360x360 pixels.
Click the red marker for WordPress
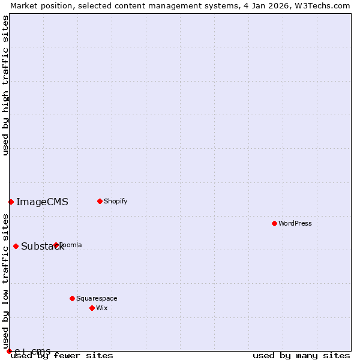[x=274, y=223]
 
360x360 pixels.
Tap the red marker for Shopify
[x=100, y=201]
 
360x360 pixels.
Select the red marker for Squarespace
[x=72, y=298]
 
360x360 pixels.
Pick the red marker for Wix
[x=92, y=308]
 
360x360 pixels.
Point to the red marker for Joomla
[x=56, y=245]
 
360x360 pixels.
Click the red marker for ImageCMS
[x=11, y=202]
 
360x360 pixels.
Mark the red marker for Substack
[x=16, y=246]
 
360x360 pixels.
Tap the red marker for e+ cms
[x=9, y=351]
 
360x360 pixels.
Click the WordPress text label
[x=295, y=223]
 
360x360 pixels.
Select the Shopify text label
[x=116, y=201]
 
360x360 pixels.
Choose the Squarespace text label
[x=97, y=298]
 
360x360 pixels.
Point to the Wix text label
[x=102, y=308]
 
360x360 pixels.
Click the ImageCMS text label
[x=42, y=202]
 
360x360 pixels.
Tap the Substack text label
[x=42, y=247]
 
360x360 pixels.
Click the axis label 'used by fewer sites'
[x=62, y=356]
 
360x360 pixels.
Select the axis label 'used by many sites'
[x=301, y=356]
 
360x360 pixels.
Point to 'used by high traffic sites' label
[x=6, y=85]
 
